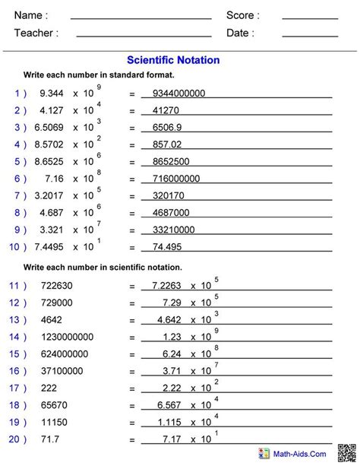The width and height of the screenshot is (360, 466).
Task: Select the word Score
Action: tap(243, 15)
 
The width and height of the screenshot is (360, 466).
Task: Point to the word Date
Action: tap(240, 33)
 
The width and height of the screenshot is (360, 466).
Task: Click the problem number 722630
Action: tap(52, 286)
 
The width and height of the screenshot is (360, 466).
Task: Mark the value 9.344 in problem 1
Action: tap(49, 94)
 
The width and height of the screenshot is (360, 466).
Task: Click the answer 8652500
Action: tap(171, 162)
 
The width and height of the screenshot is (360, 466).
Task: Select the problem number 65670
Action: tap(49, 405)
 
